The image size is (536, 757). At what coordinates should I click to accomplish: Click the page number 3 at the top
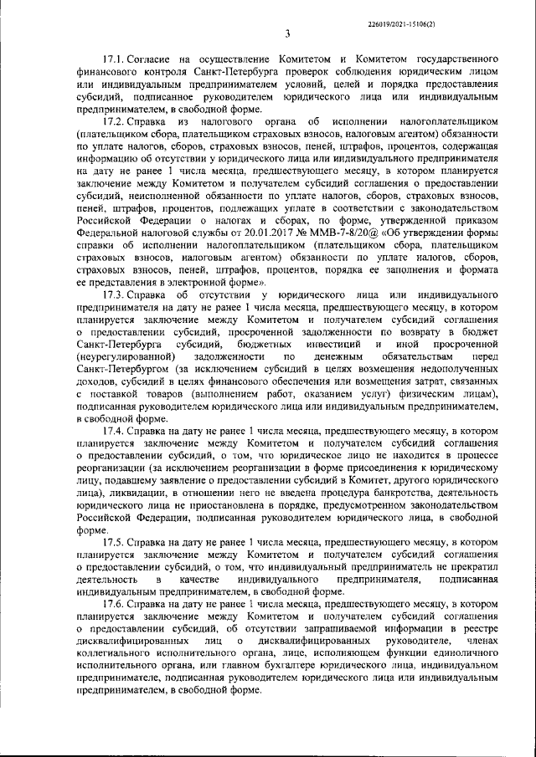(x=286, y=34)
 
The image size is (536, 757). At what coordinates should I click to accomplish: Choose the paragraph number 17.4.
(x=113, y=431)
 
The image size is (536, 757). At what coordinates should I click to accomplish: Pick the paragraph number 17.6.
(x=113, y=603)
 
